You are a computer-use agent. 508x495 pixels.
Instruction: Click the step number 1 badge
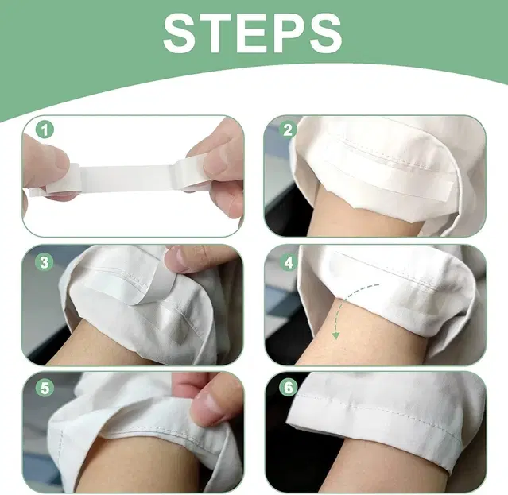tap(45, 130)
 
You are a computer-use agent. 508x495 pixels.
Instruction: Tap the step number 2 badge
tap(288, 130)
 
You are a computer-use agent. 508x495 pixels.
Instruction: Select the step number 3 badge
tap(45, 262)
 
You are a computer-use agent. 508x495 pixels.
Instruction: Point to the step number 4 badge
tap(288, 262)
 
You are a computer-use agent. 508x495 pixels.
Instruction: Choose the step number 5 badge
tap(45, 388)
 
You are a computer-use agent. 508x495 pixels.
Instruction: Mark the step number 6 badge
tap(288, 388)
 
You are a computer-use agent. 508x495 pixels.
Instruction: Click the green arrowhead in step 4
tap(336, 336)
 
